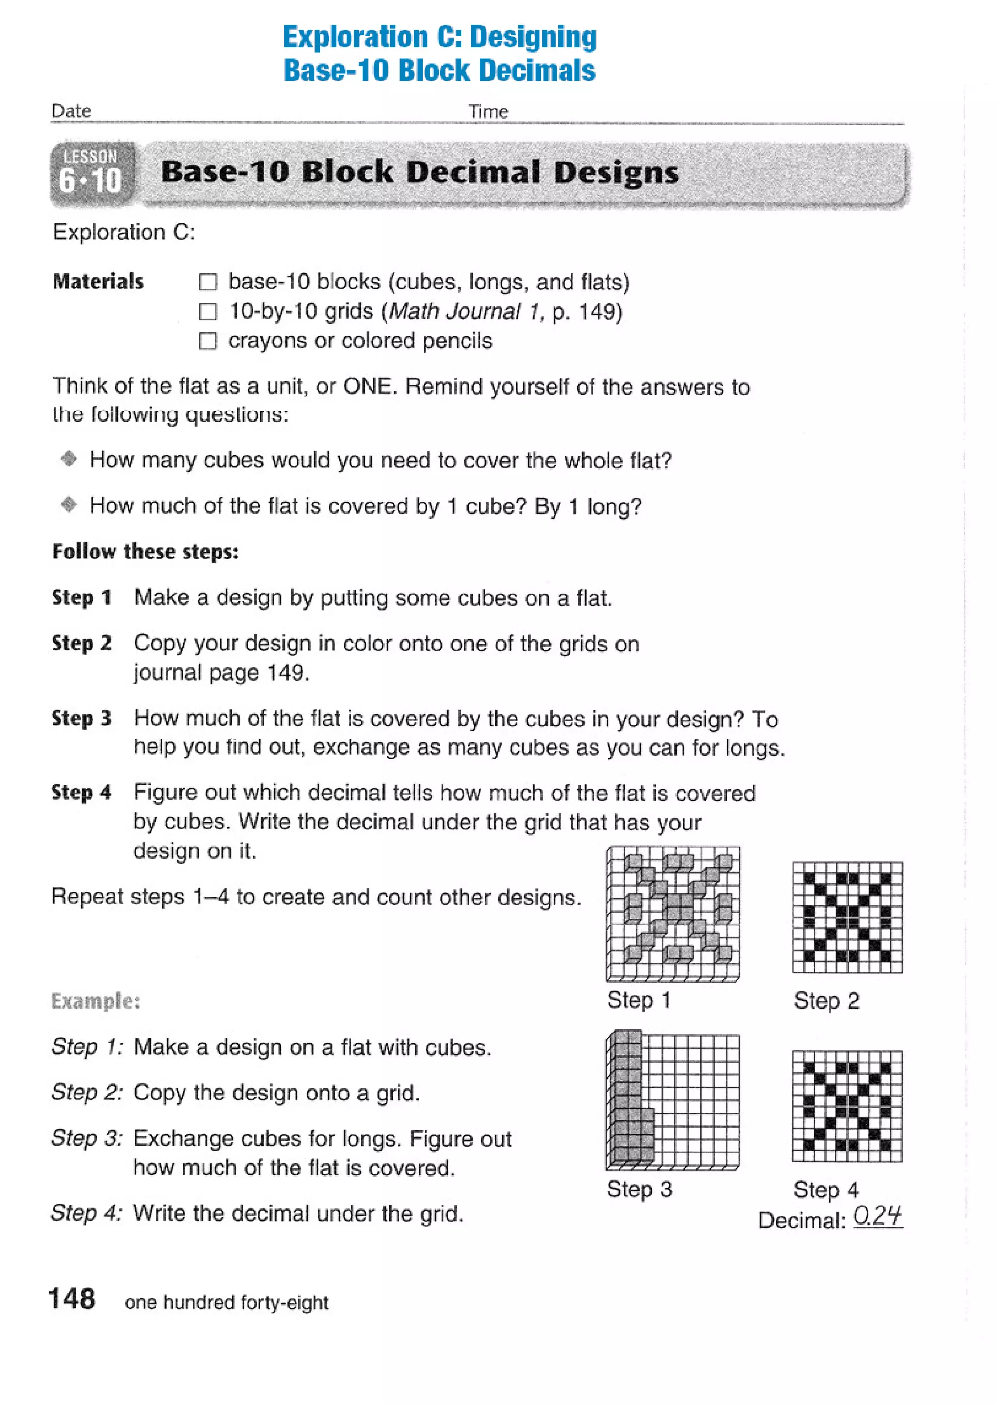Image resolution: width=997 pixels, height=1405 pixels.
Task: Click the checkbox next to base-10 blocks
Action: [208, 282]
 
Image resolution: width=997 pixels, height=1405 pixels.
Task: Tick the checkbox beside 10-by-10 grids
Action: [208, 312]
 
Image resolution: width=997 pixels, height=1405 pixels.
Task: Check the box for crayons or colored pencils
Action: [208, 341]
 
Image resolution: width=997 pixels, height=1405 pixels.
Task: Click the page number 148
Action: [72, 1299]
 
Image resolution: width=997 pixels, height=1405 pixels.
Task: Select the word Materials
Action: [98, 282]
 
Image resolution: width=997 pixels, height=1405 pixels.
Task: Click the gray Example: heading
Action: [95, 1001]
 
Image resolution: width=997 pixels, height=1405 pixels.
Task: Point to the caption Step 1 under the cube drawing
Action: [639, 1000]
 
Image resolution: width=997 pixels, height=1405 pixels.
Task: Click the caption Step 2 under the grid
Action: [826, 1001]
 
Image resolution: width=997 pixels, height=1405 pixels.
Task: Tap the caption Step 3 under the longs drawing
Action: [639, 1189]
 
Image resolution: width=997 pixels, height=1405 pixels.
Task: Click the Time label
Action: [488, 112]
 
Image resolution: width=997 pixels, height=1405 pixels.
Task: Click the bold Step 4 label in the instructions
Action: [82, 792]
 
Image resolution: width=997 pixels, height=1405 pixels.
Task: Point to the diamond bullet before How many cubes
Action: [69, 458]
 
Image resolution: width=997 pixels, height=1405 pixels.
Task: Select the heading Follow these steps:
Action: [145, 552]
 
